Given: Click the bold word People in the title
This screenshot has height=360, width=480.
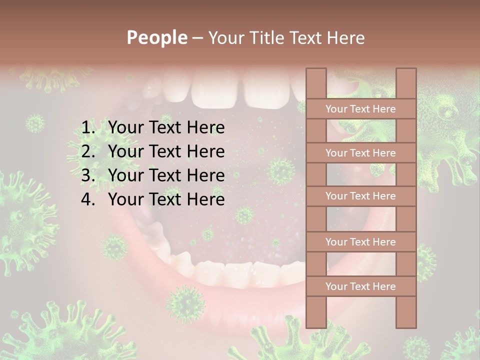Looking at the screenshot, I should click(156, 37).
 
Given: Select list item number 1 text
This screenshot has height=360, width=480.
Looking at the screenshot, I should click(166, 128).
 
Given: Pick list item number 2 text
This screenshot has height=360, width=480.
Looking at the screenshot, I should click(166, 151).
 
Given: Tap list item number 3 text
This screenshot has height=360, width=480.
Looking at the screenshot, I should click(166, 175).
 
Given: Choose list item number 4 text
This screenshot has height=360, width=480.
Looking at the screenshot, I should click(166, 199).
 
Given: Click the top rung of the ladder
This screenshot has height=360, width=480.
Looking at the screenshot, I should click(361, 109).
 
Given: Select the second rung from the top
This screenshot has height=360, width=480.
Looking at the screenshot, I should click(361, 153).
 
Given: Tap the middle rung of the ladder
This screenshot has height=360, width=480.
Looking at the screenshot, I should click(361, 196).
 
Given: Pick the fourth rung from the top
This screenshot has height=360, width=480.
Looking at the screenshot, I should click(361, 242).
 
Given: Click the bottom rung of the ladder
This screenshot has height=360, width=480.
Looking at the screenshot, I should click(361, 286).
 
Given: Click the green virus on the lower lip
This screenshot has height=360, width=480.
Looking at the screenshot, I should click(185, 304).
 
